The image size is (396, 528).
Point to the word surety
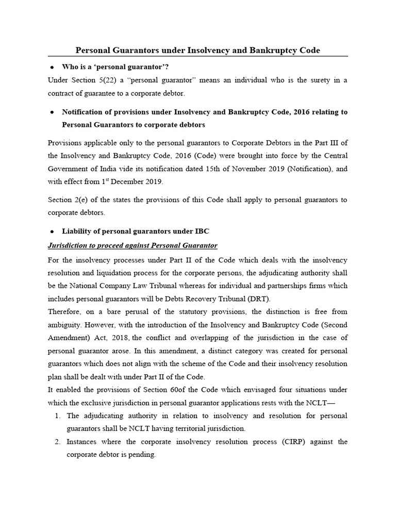pos(318,80)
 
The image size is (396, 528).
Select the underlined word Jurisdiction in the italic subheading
pos(69,245)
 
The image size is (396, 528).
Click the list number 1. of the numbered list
pos(57,416)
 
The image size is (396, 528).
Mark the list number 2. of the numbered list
pos(57,442)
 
